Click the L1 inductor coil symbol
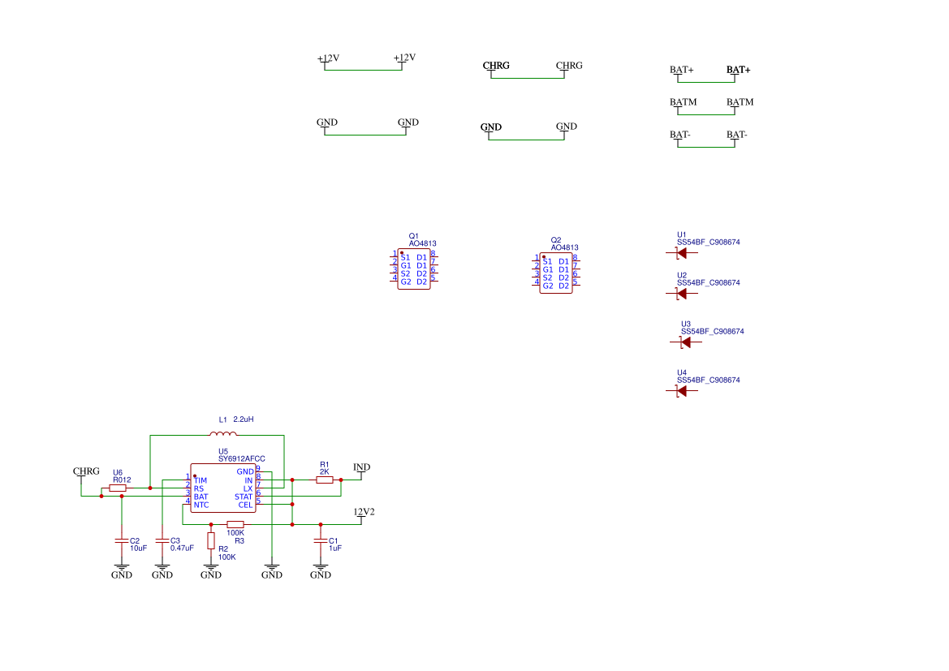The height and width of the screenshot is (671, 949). [x=223, y=435]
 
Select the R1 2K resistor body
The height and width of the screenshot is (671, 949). [x=324, y=480]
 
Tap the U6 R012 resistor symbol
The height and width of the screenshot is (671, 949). [x=118, y=488]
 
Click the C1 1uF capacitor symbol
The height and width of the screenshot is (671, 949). [x=321, y=540]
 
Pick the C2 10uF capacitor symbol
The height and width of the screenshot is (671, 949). [x=122, y=540]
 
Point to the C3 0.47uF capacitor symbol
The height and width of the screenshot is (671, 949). [x=162, y=540]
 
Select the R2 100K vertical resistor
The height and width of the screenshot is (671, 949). [x=211, y=541]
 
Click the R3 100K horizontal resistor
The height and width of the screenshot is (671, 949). [x=235, y=524]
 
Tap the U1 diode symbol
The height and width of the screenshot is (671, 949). [x=681, y=253]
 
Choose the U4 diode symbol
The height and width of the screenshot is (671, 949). [x=681, y=391]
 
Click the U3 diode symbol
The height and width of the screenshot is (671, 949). [x=685, y=342]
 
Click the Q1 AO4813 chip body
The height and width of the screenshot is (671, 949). [x=414, y=269]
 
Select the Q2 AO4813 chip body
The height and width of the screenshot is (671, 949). [x=556, y=273]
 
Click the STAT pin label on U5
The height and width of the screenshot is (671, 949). [x=244, y=497]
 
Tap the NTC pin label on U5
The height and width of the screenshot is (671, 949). [x=201, y=505]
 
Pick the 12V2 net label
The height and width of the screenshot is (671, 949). [x=364, y=512]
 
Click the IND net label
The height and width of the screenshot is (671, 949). [x=361, y=467]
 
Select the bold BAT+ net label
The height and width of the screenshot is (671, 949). [x=738, y=71]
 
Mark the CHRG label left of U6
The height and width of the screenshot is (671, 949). [x=86, y=471]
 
